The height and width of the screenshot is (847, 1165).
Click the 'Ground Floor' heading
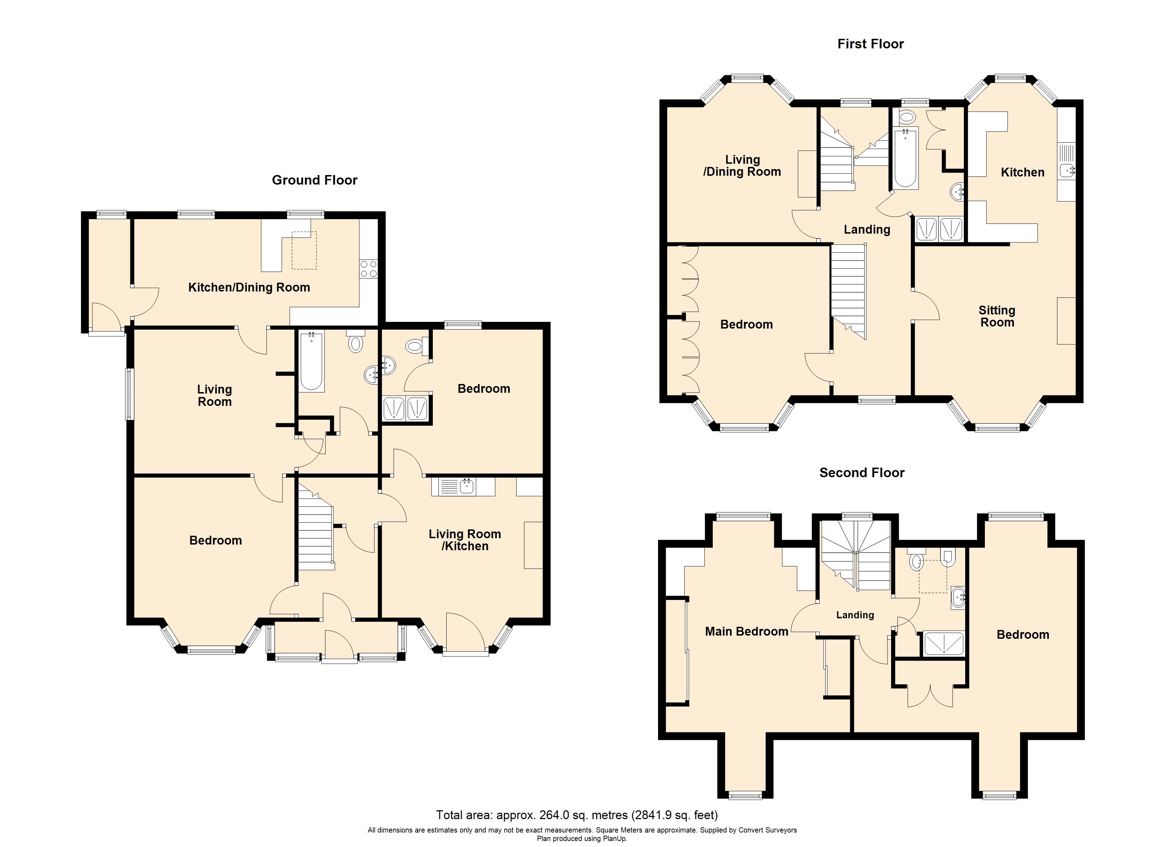click(314, 180)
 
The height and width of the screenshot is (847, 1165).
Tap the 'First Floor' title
click(871, 44)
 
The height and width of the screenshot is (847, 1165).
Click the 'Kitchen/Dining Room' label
click(249, 288)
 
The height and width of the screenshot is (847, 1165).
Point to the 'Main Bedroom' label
click(746, 631)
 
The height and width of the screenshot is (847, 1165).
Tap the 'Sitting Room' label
click(997, 317)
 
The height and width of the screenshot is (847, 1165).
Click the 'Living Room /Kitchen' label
click(465, 540)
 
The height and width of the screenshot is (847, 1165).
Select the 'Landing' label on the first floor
click(867, 230)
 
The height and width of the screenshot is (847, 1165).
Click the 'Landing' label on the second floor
click(855, 615)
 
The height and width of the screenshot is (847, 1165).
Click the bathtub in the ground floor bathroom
click(311, 361)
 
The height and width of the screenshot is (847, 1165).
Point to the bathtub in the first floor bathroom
click(905, 158)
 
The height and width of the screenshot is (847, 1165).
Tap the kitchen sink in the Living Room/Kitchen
click(466, 486)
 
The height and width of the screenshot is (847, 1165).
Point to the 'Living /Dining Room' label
click(742, 166)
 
